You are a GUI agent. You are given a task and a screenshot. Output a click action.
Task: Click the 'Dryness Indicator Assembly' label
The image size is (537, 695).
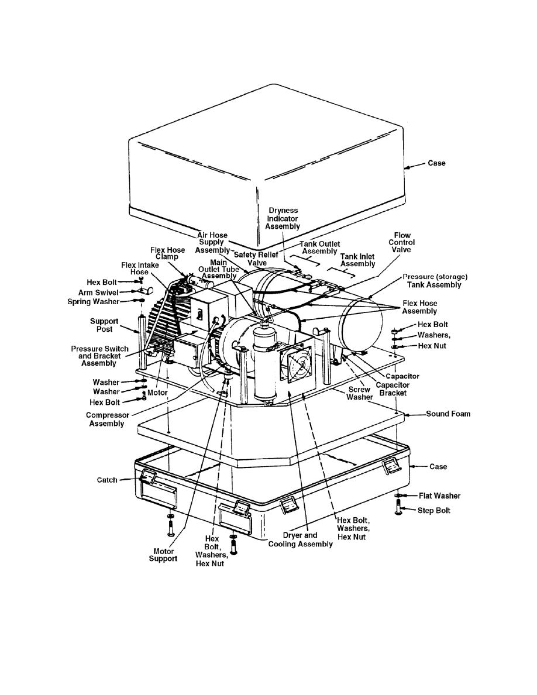tap(283, 219)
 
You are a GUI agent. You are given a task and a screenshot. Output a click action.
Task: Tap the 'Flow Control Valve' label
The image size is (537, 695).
tap(402, 242)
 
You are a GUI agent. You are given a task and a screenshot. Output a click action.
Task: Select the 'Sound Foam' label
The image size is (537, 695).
tap(448, 414)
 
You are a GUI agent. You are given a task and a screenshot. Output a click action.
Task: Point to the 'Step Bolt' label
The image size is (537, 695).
tap(434, 511)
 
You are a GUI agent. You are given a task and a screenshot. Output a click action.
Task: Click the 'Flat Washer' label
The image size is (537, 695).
tap(439, 496)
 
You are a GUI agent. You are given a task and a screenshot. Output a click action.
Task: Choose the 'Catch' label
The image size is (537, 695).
tap(107, 480)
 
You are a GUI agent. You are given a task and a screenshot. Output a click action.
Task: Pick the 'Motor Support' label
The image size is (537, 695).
tap(163, 555)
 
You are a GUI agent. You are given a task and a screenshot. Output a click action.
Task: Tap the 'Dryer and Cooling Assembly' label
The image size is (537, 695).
tap(301, 540)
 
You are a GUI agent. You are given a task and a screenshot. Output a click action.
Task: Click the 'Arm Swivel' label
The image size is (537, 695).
tap(98, 293)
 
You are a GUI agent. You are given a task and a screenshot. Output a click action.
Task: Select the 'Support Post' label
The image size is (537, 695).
tap(104, 325)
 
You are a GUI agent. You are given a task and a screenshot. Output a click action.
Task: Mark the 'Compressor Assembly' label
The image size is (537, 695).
tap(107, 419)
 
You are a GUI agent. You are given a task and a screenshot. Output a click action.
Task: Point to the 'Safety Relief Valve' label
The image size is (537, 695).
tap(256, 259)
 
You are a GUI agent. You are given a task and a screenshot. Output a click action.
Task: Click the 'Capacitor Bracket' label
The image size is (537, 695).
tap(393, 389)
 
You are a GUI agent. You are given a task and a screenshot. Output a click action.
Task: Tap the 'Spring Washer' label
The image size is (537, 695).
tap(94, 302)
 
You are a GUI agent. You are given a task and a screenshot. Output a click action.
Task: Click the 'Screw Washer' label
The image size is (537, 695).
tap(359, 394)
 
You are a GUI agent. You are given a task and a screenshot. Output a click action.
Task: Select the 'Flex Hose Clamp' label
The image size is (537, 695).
tap(167, 253)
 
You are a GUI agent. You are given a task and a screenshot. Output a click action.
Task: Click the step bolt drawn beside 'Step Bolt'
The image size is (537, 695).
tap(398, 507)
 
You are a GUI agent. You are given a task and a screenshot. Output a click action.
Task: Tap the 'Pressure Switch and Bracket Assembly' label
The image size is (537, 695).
tap(99, 356)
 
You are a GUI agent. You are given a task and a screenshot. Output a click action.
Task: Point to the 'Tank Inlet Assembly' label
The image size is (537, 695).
tap(357, 260)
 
